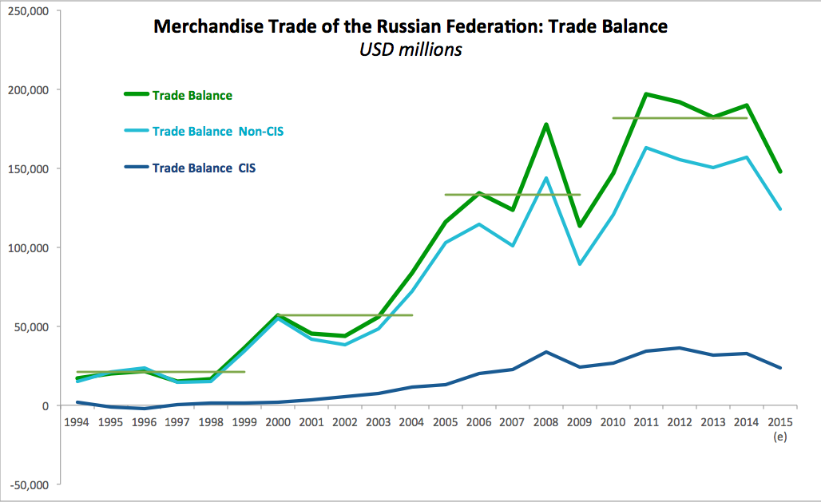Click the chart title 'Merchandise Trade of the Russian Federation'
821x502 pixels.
click(410, 26)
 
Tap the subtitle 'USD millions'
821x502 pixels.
click(410, 49)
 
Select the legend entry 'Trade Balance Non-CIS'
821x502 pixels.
click(218, 131)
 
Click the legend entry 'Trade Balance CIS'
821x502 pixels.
click(204, 168)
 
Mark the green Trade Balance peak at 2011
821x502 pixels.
click(645, 94)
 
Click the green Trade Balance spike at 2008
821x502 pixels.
click(545, 125)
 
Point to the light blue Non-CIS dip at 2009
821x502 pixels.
click(579, 263)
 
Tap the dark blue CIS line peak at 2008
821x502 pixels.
click(545, 352)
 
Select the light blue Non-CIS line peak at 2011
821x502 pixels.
click(645, 148)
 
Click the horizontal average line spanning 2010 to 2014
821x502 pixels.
click(679, 118)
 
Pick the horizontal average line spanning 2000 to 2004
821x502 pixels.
click(344, 315)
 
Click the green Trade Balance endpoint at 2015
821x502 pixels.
click(779, 172)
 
